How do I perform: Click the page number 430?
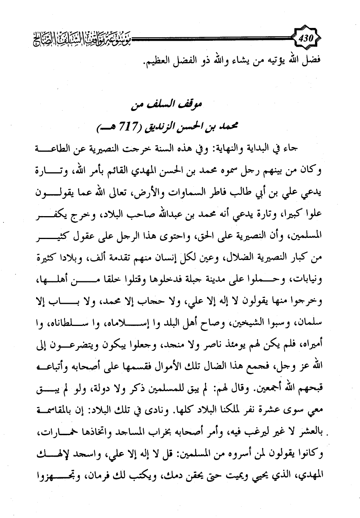point(309,39)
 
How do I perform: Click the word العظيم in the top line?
point(155,62)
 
